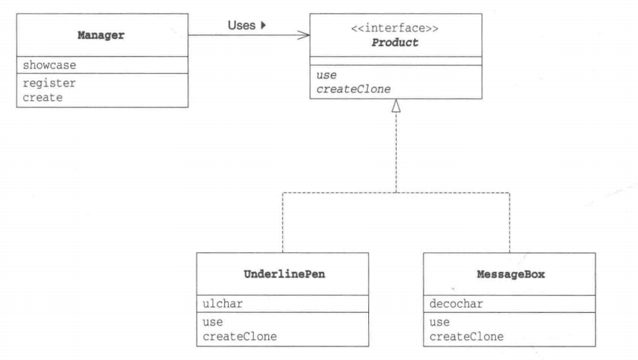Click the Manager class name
pyautogui.click(x=101, y=35)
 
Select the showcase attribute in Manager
pyautogui.click(x=49, y=65)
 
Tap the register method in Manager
pyautogui.click(x=49, y=84)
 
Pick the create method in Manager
pyautogui.click(x=43, y=98)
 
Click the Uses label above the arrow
pyautogui.click(x=241, y=25)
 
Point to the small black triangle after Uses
pyautogui.click(x=263, y=25)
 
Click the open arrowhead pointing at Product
pyautogui.click(x=303, y=35)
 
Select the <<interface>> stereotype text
pyautogui.click(x=394, y=28)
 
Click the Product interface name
pyautogui.click(x=394, y=43)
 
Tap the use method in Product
pyautogui.click(x=326, y=75)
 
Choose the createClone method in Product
pyautogui.click(x=353, y=89)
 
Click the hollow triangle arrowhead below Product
pyautogui.click(x=396, y=106)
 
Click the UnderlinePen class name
pyautogui.click(x=285, y=274)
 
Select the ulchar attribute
pyautogui.click(x=223, y=304)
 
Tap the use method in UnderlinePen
pyautogui.click(x=213, y=322)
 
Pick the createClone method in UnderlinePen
pyautogui.click(x=240, y=336)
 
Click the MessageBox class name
pyautogui.click(x=511, y=274)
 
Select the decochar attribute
pyautogui.click(x=456, y=304)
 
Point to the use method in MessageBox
pyautogui.click(x=439, y=322)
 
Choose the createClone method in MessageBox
pyautogui.click(x=466, y=337)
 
